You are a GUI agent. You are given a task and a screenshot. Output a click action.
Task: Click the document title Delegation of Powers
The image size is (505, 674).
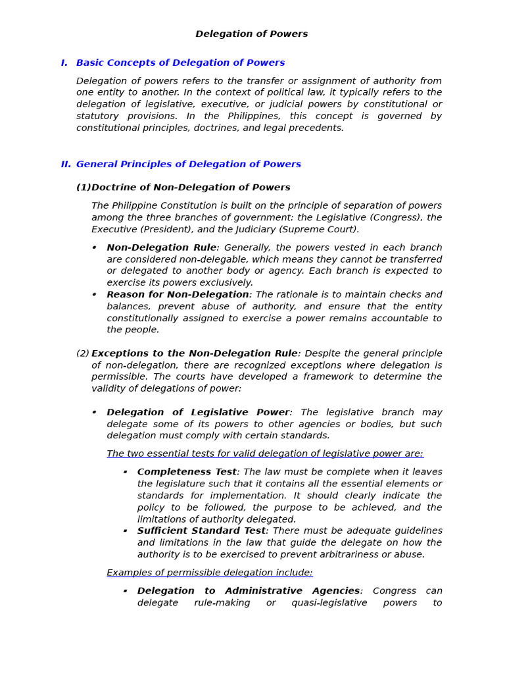coord(251,34)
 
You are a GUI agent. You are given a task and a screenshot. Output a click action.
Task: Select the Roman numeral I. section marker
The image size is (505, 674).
coord(64,63)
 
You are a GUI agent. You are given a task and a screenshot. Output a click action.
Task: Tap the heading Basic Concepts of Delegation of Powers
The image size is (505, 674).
coord(180,63)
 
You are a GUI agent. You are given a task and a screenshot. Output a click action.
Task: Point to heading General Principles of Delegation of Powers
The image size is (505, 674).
coord(188,165)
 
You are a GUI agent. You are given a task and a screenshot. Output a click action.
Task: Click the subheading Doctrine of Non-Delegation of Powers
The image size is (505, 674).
coord(190,188)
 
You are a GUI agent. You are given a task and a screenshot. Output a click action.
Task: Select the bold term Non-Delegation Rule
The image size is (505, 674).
coord(161,247)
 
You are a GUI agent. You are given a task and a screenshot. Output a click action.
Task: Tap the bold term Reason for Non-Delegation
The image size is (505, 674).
coord(178,295)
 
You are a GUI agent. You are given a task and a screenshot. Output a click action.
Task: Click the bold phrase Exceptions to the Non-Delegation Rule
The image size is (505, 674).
coord(194,353)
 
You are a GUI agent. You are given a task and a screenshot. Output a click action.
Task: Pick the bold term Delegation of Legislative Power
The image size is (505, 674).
coord(198,413)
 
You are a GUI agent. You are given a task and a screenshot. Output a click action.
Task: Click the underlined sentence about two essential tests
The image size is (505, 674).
coord(265,454)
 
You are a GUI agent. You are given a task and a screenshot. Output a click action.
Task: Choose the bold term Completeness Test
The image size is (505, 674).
coord(187,472)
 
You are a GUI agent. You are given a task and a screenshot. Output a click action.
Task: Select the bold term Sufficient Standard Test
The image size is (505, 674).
coord(201,531)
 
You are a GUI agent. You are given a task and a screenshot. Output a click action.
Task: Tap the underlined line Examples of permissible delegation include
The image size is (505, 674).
coord(210,573)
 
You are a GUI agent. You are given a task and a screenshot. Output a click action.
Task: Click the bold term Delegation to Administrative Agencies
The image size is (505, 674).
coord(248,591)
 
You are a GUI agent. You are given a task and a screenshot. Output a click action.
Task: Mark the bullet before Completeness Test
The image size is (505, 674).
coord(125,472)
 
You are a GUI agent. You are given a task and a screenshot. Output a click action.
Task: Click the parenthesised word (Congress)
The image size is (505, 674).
coord(396,217)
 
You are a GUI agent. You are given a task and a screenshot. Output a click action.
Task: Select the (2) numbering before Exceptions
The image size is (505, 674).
coord(83,353)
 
